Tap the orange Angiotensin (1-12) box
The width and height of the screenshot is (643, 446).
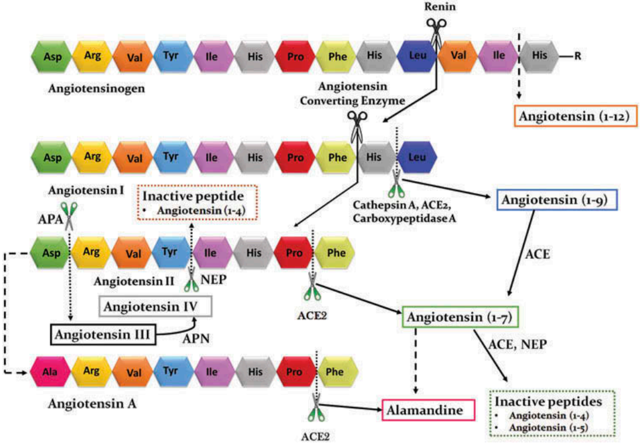click(x=573, y=116)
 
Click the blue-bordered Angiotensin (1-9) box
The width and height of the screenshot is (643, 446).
click(x=557, y=200)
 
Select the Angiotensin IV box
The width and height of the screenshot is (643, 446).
click(x=155, y=306)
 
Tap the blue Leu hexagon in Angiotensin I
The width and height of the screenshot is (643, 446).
click(x=416, y=158)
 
